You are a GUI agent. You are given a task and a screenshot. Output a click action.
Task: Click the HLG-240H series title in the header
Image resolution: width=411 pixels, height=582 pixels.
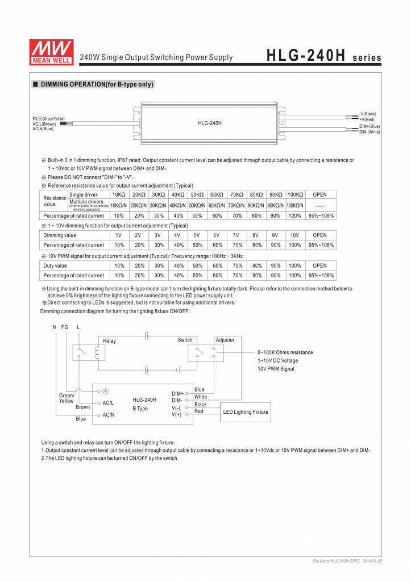(x=323, y=57)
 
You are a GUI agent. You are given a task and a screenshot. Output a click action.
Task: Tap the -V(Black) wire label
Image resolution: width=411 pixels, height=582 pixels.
(x=368, y=114)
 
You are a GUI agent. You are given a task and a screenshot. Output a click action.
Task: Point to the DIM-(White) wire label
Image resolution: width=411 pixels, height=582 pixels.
(x=370, y=132)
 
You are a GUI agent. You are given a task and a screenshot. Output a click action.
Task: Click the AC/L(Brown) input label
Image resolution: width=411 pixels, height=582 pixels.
(x=44, y=123)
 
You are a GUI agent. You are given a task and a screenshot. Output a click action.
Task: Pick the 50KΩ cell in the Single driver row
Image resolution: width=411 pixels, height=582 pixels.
(x=196, y=194)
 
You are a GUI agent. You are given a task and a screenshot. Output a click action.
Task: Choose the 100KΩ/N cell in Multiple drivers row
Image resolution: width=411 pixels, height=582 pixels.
(x=294, y=205)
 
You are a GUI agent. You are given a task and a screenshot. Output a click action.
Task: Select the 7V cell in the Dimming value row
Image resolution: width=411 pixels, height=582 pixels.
(x=236, y=235)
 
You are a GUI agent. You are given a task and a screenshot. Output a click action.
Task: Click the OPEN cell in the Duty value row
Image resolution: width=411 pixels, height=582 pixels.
(x=319, y=265)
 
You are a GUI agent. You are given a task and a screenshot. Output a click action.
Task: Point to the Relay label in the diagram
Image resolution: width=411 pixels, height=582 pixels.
(x=110, y=341)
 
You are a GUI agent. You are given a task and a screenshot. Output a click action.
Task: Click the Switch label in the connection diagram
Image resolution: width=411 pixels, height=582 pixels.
(x=185, y=340)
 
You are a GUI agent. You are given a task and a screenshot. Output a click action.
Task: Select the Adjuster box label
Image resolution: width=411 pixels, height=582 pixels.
(x=225, y=340)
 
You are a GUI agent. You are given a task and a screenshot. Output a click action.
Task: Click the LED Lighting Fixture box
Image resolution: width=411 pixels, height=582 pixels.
(x=245, y=412)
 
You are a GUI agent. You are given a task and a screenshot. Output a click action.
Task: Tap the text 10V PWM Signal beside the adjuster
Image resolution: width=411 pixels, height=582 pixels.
(x=276, y=369)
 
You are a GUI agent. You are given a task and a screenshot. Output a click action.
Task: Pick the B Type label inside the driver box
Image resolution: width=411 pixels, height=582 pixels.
(x=140, y=409)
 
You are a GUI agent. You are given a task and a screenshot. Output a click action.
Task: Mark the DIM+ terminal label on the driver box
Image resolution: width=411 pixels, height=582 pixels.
(x=177, y=393)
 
